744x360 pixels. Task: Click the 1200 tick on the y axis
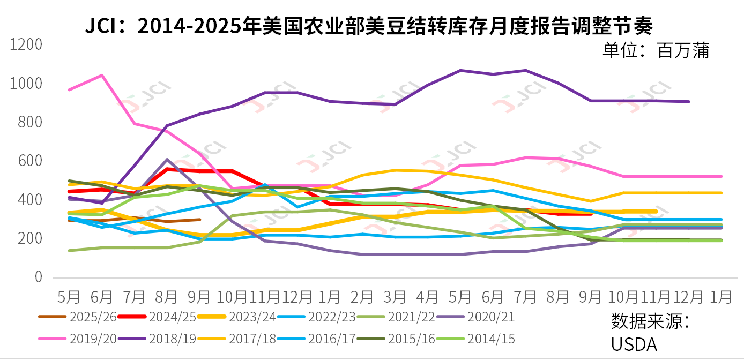point(26,45)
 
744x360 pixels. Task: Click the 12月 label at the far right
point(689,296)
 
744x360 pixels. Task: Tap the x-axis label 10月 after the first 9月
point(232,296)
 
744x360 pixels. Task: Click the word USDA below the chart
point(634,344)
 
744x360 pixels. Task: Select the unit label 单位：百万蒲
point(656,51)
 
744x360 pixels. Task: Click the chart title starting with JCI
point(369,25)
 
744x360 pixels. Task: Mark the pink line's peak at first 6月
point(102,76)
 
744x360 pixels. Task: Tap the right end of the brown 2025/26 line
point(200,220)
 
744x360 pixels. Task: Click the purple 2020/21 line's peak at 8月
point(167,160)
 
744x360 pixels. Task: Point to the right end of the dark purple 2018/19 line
point(689,101)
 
